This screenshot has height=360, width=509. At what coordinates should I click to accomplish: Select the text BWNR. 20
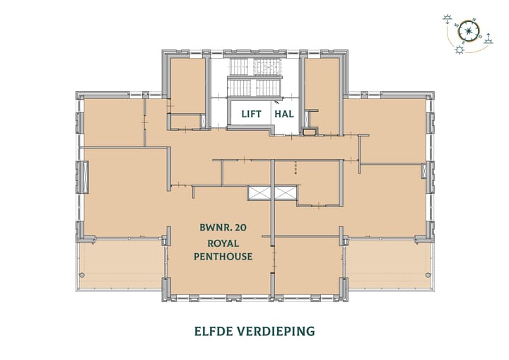(223, 228)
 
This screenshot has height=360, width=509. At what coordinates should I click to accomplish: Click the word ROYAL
(223, 242)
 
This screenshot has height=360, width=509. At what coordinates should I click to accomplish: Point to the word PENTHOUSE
(223, 255)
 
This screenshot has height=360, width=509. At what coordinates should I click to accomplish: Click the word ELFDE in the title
(214, 330)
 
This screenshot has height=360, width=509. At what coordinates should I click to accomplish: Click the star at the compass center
(467, 30)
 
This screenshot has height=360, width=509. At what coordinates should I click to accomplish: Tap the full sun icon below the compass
(460, 51)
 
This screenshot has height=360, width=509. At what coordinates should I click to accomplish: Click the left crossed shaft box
(259, 193)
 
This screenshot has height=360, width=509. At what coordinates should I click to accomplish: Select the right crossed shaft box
(286, 193)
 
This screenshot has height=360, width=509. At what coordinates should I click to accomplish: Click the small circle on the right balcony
(427, 274)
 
